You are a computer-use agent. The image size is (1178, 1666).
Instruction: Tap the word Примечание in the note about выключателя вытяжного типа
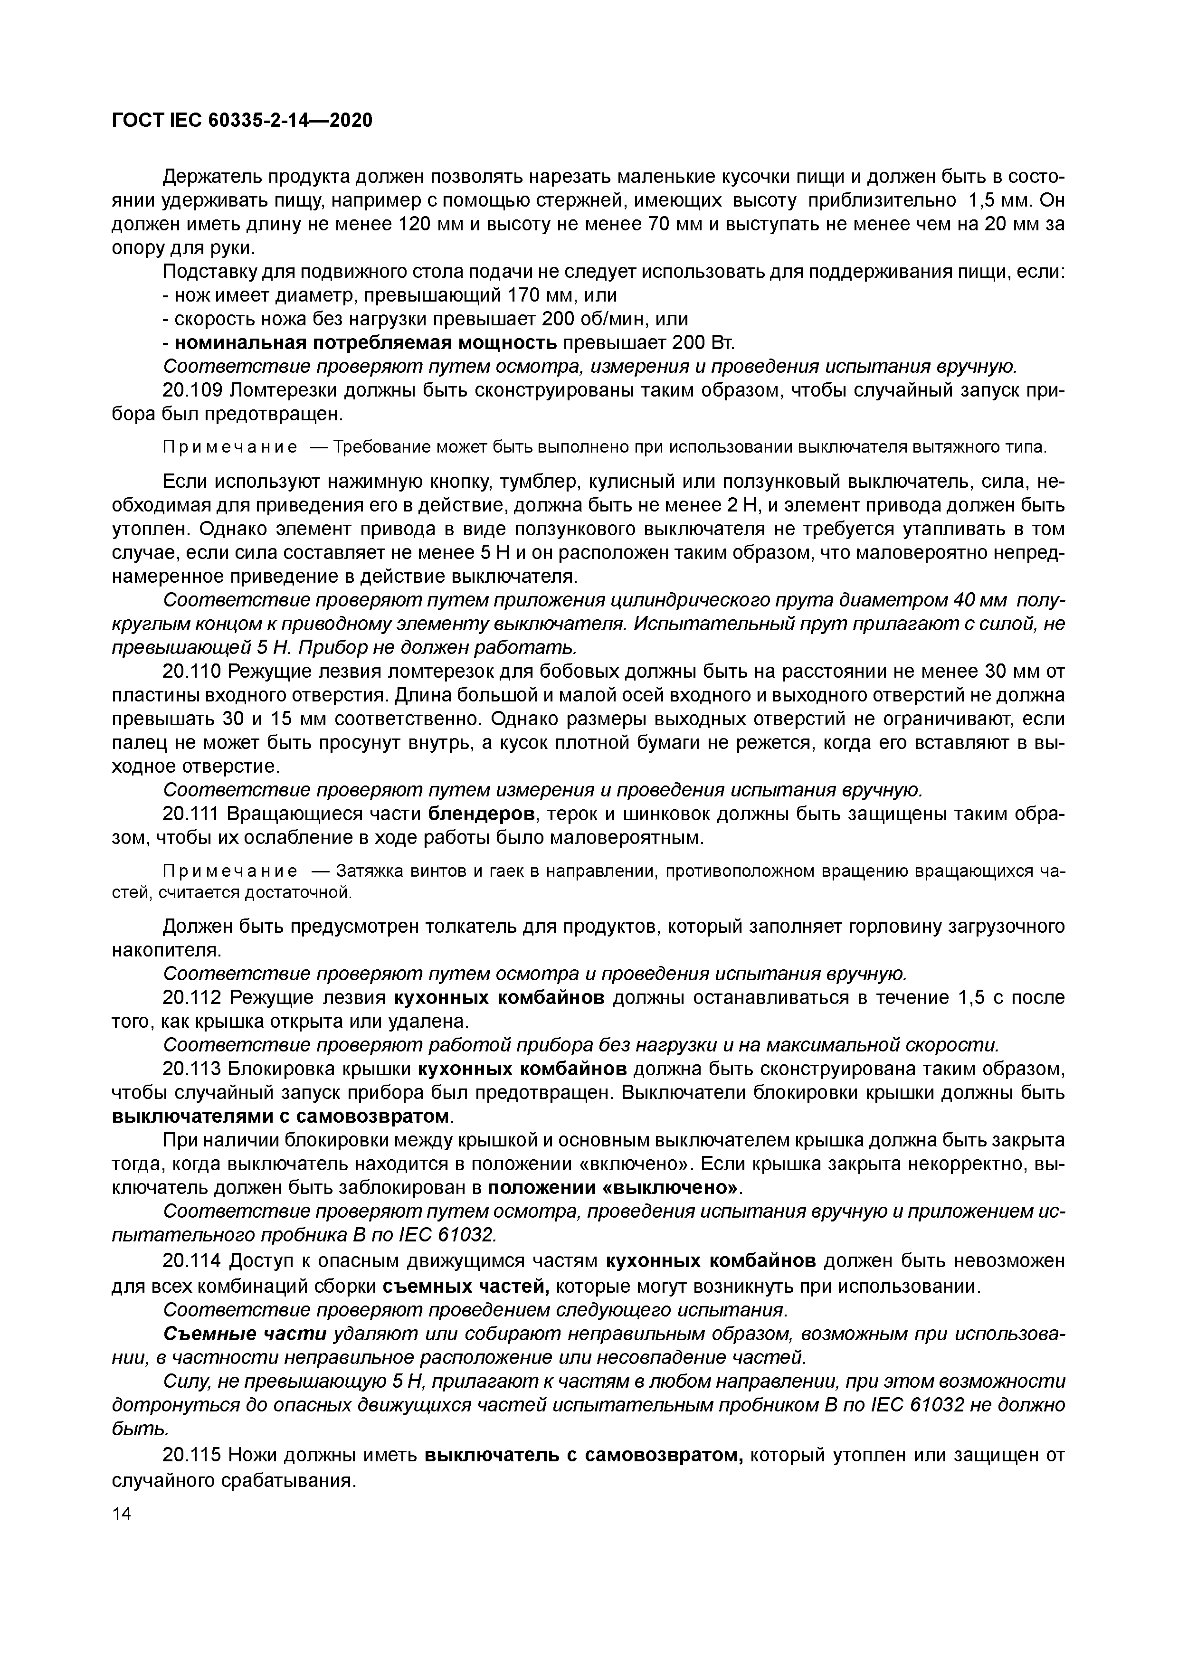(x=229, y=447)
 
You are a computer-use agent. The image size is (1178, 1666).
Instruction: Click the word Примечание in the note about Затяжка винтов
(x=229, y=871)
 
